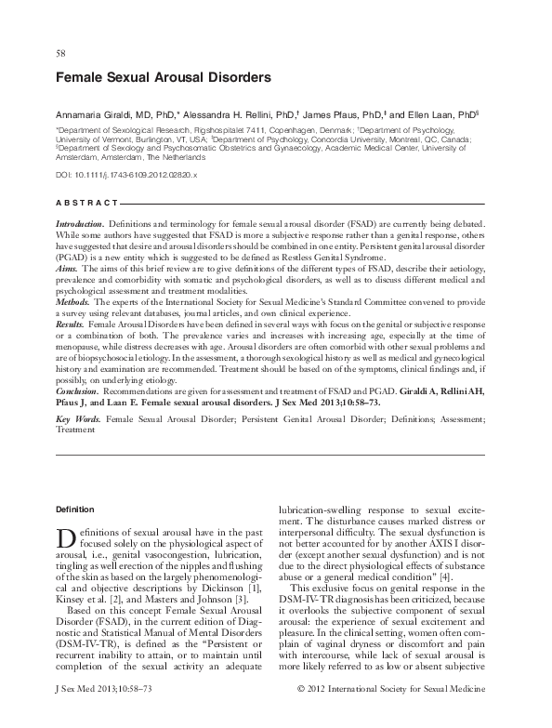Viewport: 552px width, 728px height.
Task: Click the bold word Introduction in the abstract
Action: coord(80,225)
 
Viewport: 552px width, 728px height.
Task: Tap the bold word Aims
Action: coord(67,268)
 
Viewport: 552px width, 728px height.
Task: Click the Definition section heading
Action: coord(74,510)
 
